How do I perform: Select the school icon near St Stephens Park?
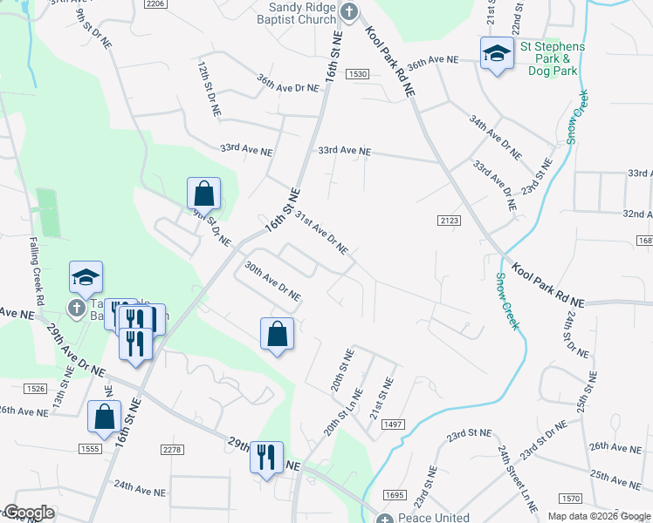[x=496, y=52]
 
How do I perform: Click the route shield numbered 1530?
[x=356, y=75]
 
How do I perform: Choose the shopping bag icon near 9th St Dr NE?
[x=203, y=192]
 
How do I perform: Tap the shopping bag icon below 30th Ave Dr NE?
[x=277, y=333]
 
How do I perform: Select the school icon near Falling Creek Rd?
[x=86, y=276]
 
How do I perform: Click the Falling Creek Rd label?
[x=37, y=270]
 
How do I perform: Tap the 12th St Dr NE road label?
[x=208, y=89]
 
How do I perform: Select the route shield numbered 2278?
[x=173, y=449]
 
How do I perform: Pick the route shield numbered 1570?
[x=571, y=499]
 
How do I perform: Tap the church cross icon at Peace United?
[x=385, y=520]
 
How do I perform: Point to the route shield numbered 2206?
[x=156, y=4]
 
